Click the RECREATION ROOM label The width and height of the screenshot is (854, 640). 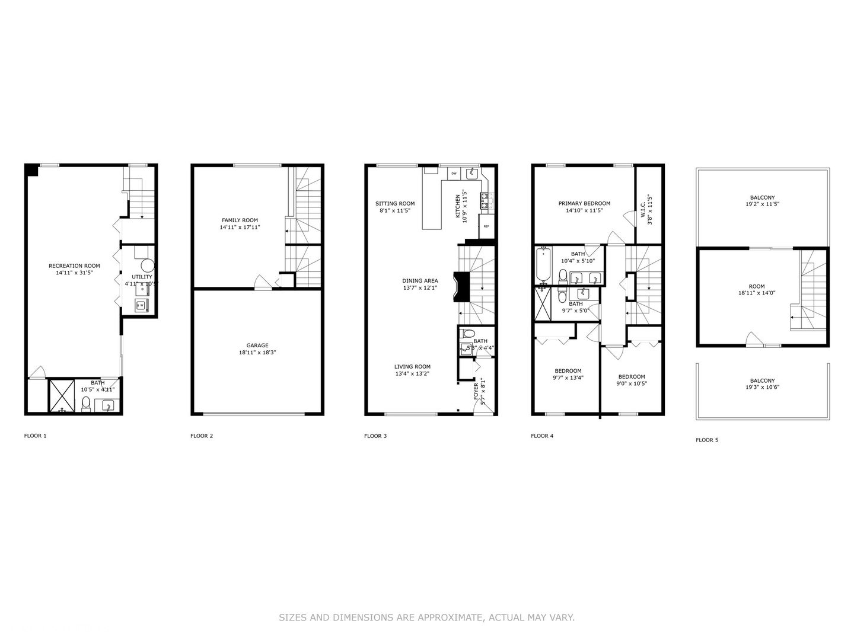(74, 266)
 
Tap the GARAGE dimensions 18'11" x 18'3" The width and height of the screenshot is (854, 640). (257, 353)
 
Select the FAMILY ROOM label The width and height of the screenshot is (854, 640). (240, 220)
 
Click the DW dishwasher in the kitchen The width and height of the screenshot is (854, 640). (454, 174)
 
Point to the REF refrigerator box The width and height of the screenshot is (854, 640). (486, 226)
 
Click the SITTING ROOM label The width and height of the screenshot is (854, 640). (395, 203)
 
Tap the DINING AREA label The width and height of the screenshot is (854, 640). (420, 281)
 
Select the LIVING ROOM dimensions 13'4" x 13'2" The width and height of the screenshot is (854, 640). (412, 374)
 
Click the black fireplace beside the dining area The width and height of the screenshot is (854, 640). (461, 287)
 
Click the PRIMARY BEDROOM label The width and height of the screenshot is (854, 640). (584, 203)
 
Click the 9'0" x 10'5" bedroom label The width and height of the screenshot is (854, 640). (632, 383)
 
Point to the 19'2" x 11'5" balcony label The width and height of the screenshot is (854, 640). (762, 204)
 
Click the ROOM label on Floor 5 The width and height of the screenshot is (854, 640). (757, 286)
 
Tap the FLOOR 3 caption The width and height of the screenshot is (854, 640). (375, 436)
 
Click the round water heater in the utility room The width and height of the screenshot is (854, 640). (148, 265)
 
